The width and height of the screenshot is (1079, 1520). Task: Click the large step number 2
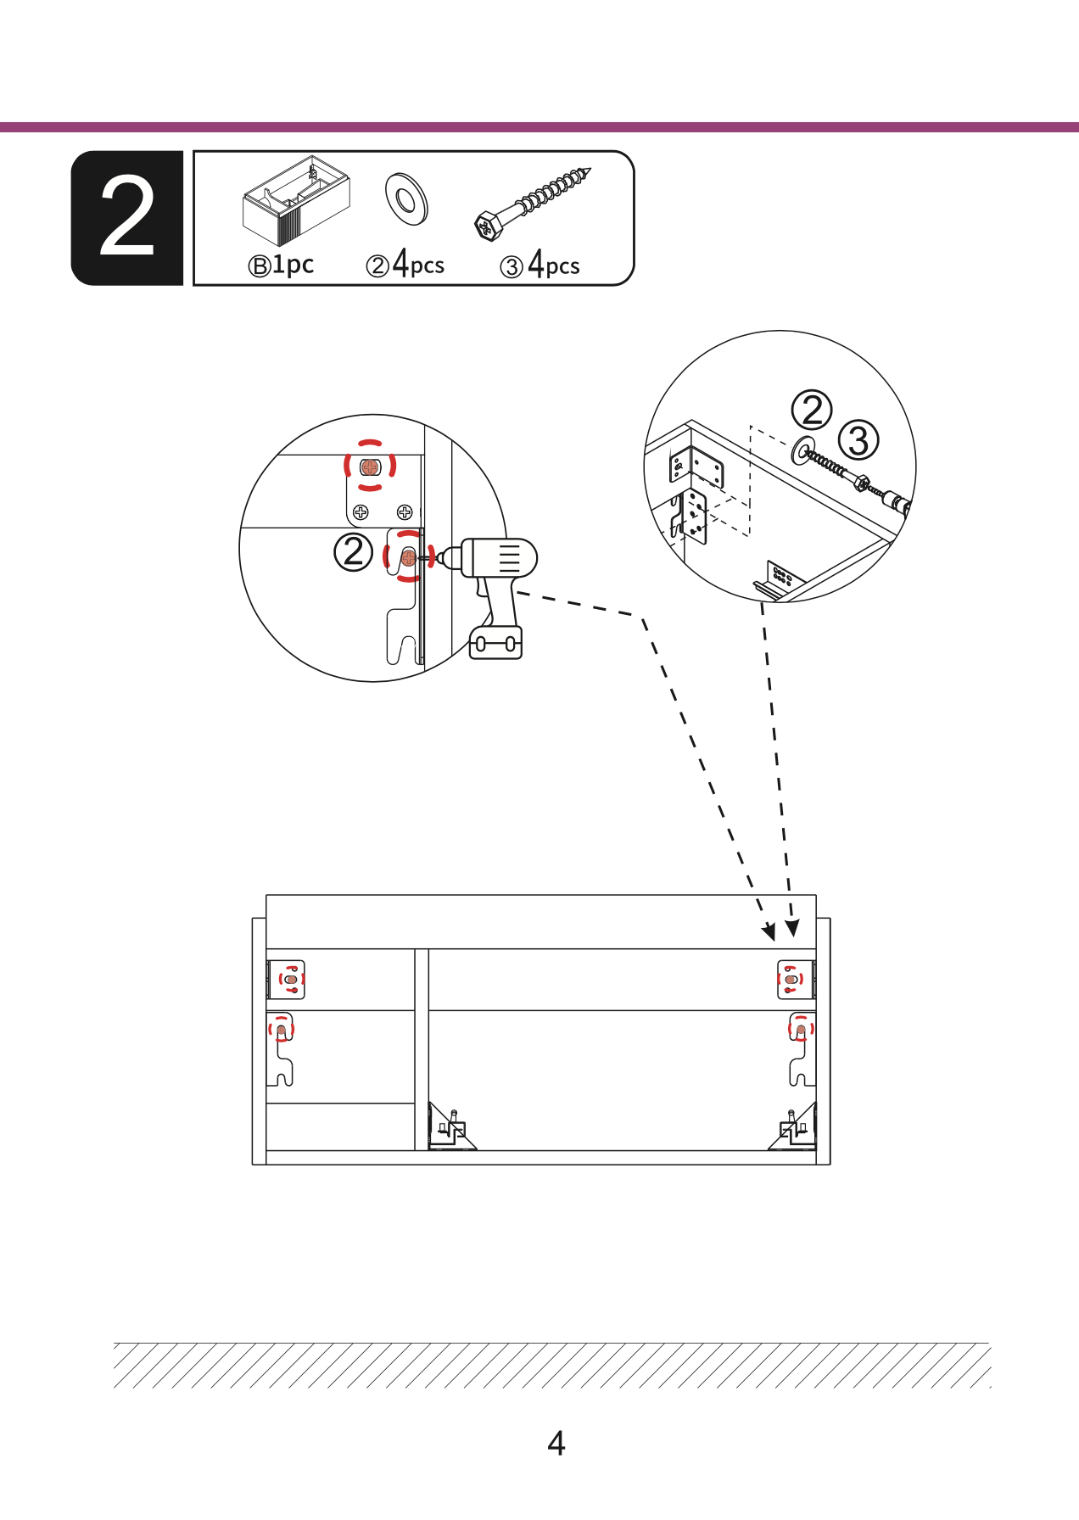click(127, 217)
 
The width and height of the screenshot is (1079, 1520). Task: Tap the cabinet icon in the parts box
click(296, 200)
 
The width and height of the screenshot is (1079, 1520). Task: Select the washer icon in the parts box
click(406, 198)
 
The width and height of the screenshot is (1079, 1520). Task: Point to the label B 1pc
click(281, 265)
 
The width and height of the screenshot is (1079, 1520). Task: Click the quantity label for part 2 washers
click(405, 264)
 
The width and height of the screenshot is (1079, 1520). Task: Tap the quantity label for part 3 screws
click(539, 265)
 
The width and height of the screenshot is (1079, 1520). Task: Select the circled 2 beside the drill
click(353, 552)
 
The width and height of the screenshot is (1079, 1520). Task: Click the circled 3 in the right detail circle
click(858, 440)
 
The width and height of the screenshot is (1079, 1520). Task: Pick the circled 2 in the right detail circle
click(812, 411)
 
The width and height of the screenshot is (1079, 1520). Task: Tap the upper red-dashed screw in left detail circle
click(370, 466)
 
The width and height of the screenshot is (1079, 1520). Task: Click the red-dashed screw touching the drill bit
click(409, 556)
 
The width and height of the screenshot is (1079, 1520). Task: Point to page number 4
click(556, 1443)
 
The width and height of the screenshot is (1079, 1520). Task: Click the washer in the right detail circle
click(802, 450)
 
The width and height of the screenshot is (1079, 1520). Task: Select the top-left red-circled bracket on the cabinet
click(287, 980)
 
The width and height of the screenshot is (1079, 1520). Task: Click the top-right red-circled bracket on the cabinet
click(796, 980)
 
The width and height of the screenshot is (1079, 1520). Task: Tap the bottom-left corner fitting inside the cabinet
click(450, 1127)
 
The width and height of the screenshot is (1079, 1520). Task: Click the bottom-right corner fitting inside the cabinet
click(794, 1127)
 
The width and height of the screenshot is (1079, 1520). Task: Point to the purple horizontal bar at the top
click(539, 127)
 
